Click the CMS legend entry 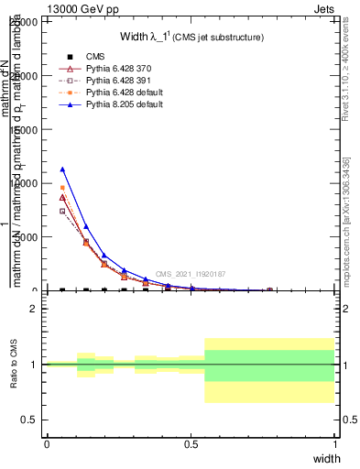(x=92, y=58)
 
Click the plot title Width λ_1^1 (x=191, y=38)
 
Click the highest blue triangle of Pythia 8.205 (x=62, y=169)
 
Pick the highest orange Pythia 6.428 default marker (x=62, y=188)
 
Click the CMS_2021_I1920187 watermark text (x=191, y=274)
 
